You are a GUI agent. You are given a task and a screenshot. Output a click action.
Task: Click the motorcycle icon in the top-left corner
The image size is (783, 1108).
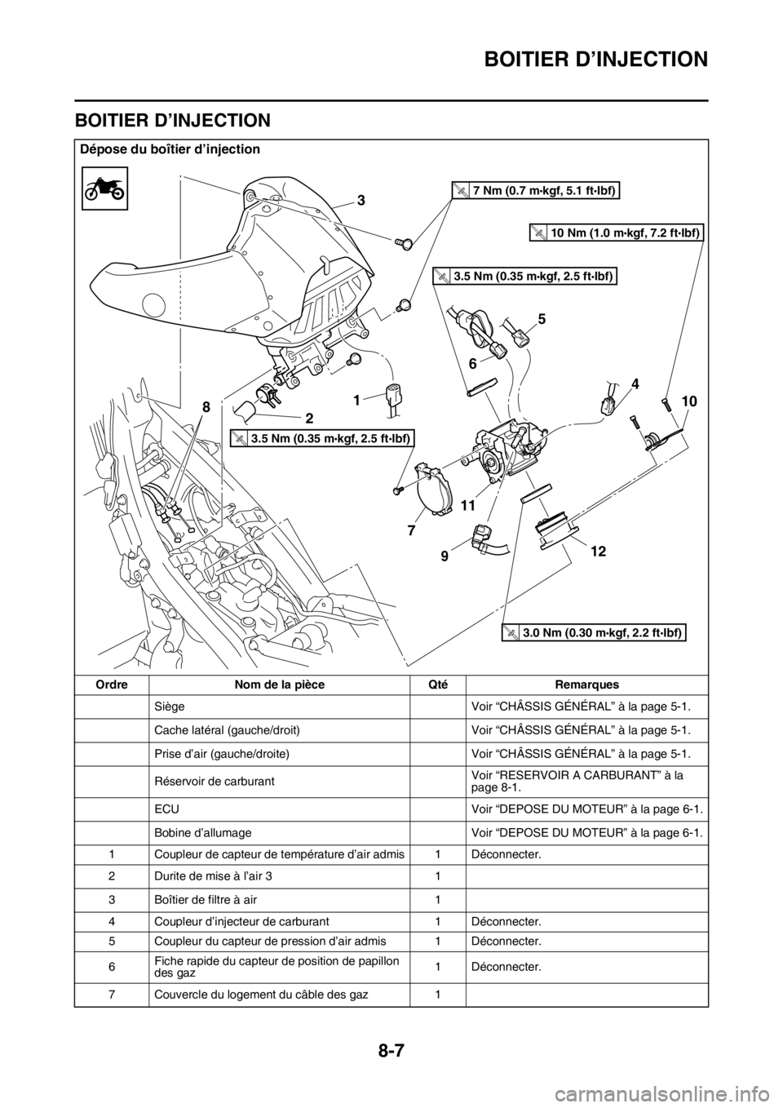pos(104,187)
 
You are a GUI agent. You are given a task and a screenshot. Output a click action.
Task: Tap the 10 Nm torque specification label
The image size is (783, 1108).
pos(616,233)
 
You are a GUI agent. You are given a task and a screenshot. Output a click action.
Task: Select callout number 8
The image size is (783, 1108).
pos(206,406)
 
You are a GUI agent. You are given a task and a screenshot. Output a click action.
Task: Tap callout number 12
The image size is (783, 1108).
pos(598,552)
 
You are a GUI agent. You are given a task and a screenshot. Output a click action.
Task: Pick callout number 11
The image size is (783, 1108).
pos(467,505)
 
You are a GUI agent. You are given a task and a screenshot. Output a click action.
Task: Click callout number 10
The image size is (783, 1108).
pos(690,401)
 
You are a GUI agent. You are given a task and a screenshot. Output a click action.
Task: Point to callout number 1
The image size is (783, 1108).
pos(356,400)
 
